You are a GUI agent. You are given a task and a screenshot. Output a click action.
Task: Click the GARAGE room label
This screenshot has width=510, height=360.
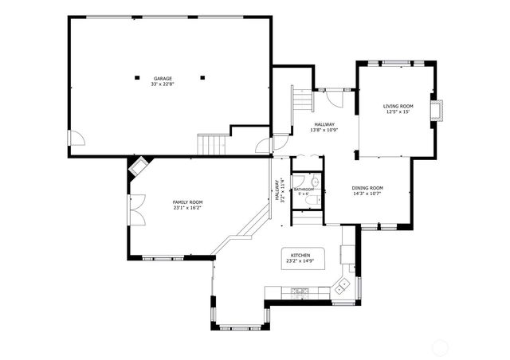point(163,78)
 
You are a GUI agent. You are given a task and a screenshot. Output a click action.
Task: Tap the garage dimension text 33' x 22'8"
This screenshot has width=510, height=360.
point(163,84)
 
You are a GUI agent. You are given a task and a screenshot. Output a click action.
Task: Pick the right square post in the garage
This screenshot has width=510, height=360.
point(203,77)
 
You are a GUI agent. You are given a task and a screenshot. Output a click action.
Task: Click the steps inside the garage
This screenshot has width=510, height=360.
point(212,145)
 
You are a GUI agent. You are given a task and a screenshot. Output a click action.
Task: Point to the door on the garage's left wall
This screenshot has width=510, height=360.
point(76,141)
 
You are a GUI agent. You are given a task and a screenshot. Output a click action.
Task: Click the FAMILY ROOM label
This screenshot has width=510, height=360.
point(188,202)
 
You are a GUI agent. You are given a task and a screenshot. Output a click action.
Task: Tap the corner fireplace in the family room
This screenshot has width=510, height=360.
point(139,167)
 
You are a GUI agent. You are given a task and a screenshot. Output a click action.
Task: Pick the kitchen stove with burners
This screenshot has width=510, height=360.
point(300,292)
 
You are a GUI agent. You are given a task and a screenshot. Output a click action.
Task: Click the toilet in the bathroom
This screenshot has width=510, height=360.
point(316,182)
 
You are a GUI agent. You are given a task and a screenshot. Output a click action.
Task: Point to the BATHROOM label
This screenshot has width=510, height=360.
point(304,189)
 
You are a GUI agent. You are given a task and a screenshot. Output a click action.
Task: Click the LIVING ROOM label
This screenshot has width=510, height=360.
point(398,106)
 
